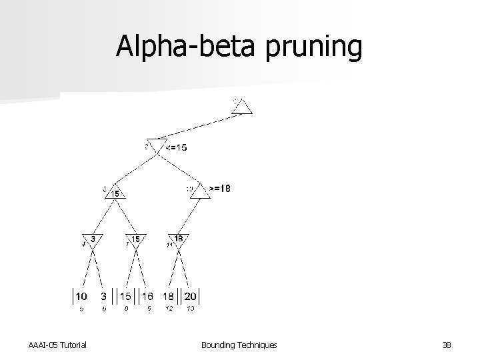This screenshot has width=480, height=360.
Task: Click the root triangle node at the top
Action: pos(243,107)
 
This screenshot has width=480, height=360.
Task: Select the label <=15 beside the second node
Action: pos(177,147)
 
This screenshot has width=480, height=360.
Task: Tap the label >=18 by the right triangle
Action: pos(220,189)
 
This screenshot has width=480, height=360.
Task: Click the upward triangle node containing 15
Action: pos(116,193)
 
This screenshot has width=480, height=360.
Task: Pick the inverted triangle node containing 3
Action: pos(93,240)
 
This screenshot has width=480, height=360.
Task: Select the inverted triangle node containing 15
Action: pos(135,240)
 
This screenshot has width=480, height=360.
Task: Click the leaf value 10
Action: pos(80,295)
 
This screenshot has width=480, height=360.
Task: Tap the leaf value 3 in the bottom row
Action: pos(103,295)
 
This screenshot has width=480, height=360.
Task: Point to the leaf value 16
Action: pos(147,295)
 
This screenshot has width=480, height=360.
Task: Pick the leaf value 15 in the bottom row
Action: pos(125,295)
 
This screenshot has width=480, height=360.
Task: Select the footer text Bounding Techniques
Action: pos(239,344)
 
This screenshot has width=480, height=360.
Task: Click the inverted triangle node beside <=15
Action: pos(157,145)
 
